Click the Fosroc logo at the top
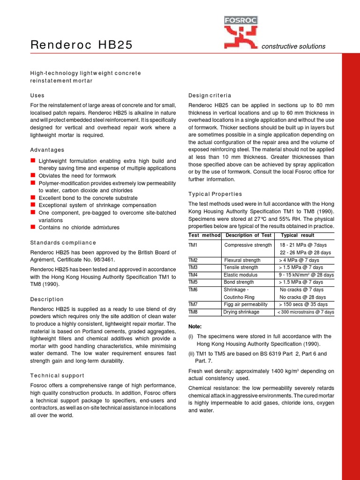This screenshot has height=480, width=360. pos(240,32)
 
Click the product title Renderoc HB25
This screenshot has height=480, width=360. pos(82,45)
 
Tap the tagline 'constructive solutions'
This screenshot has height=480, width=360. pos(293,46)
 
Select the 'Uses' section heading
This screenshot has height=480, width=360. pos(37,95)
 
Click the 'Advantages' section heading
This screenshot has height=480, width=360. pos(47,150)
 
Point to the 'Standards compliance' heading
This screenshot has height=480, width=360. pos(63,242)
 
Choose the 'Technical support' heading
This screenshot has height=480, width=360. pos(57,375)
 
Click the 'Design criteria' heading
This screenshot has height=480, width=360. pos(210,95)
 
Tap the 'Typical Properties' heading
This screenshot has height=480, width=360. pos(215,194)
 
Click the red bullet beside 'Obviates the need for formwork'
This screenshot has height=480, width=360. pos(33,176)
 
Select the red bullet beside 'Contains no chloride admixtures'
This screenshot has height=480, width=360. pos(33,227)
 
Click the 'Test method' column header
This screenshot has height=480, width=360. pos(204,235)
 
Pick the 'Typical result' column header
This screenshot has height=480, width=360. pos(297,235)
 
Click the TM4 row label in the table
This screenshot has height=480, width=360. pos(193,275)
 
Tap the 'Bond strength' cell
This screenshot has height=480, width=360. pos(239,282)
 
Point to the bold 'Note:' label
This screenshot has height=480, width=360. pos(195,326)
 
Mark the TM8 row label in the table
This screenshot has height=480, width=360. pos(193,312)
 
